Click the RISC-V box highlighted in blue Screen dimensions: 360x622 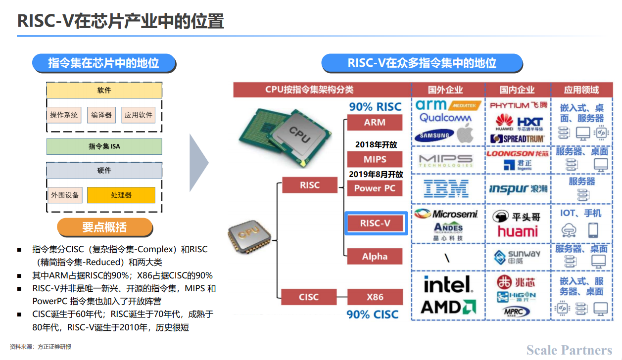point(376,224)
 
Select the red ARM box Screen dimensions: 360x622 point(375,123)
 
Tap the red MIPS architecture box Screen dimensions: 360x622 point(375,159)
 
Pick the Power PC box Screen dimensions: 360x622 point(375,188)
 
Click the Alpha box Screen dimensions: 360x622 point(375,256)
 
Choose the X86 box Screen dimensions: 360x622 point(375,297)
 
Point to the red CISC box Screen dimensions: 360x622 point(309,297)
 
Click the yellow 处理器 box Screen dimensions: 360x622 point(121,195)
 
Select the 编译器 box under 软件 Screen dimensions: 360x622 point(101,115)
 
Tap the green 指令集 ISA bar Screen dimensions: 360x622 point(104,146)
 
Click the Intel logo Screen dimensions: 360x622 point(447,285)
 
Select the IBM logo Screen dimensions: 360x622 point(447,188)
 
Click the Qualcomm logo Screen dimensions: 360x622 point(445,118)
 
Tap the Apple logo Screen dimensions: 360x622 point(465,134)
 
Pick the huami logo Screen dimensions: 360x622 point(518,231)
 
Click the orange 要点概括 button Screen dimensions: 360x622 point(104,227)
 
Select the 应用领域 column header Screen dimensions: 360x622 point(581,90)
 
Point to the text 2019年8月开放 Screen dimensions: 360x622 point(376,175)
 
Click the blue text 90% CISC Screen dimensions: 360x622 point(373,315)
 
